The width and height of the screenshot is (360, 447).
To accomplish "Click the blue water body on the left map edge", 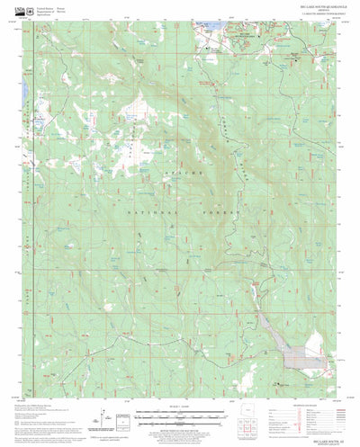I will [x=36, y=118].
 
